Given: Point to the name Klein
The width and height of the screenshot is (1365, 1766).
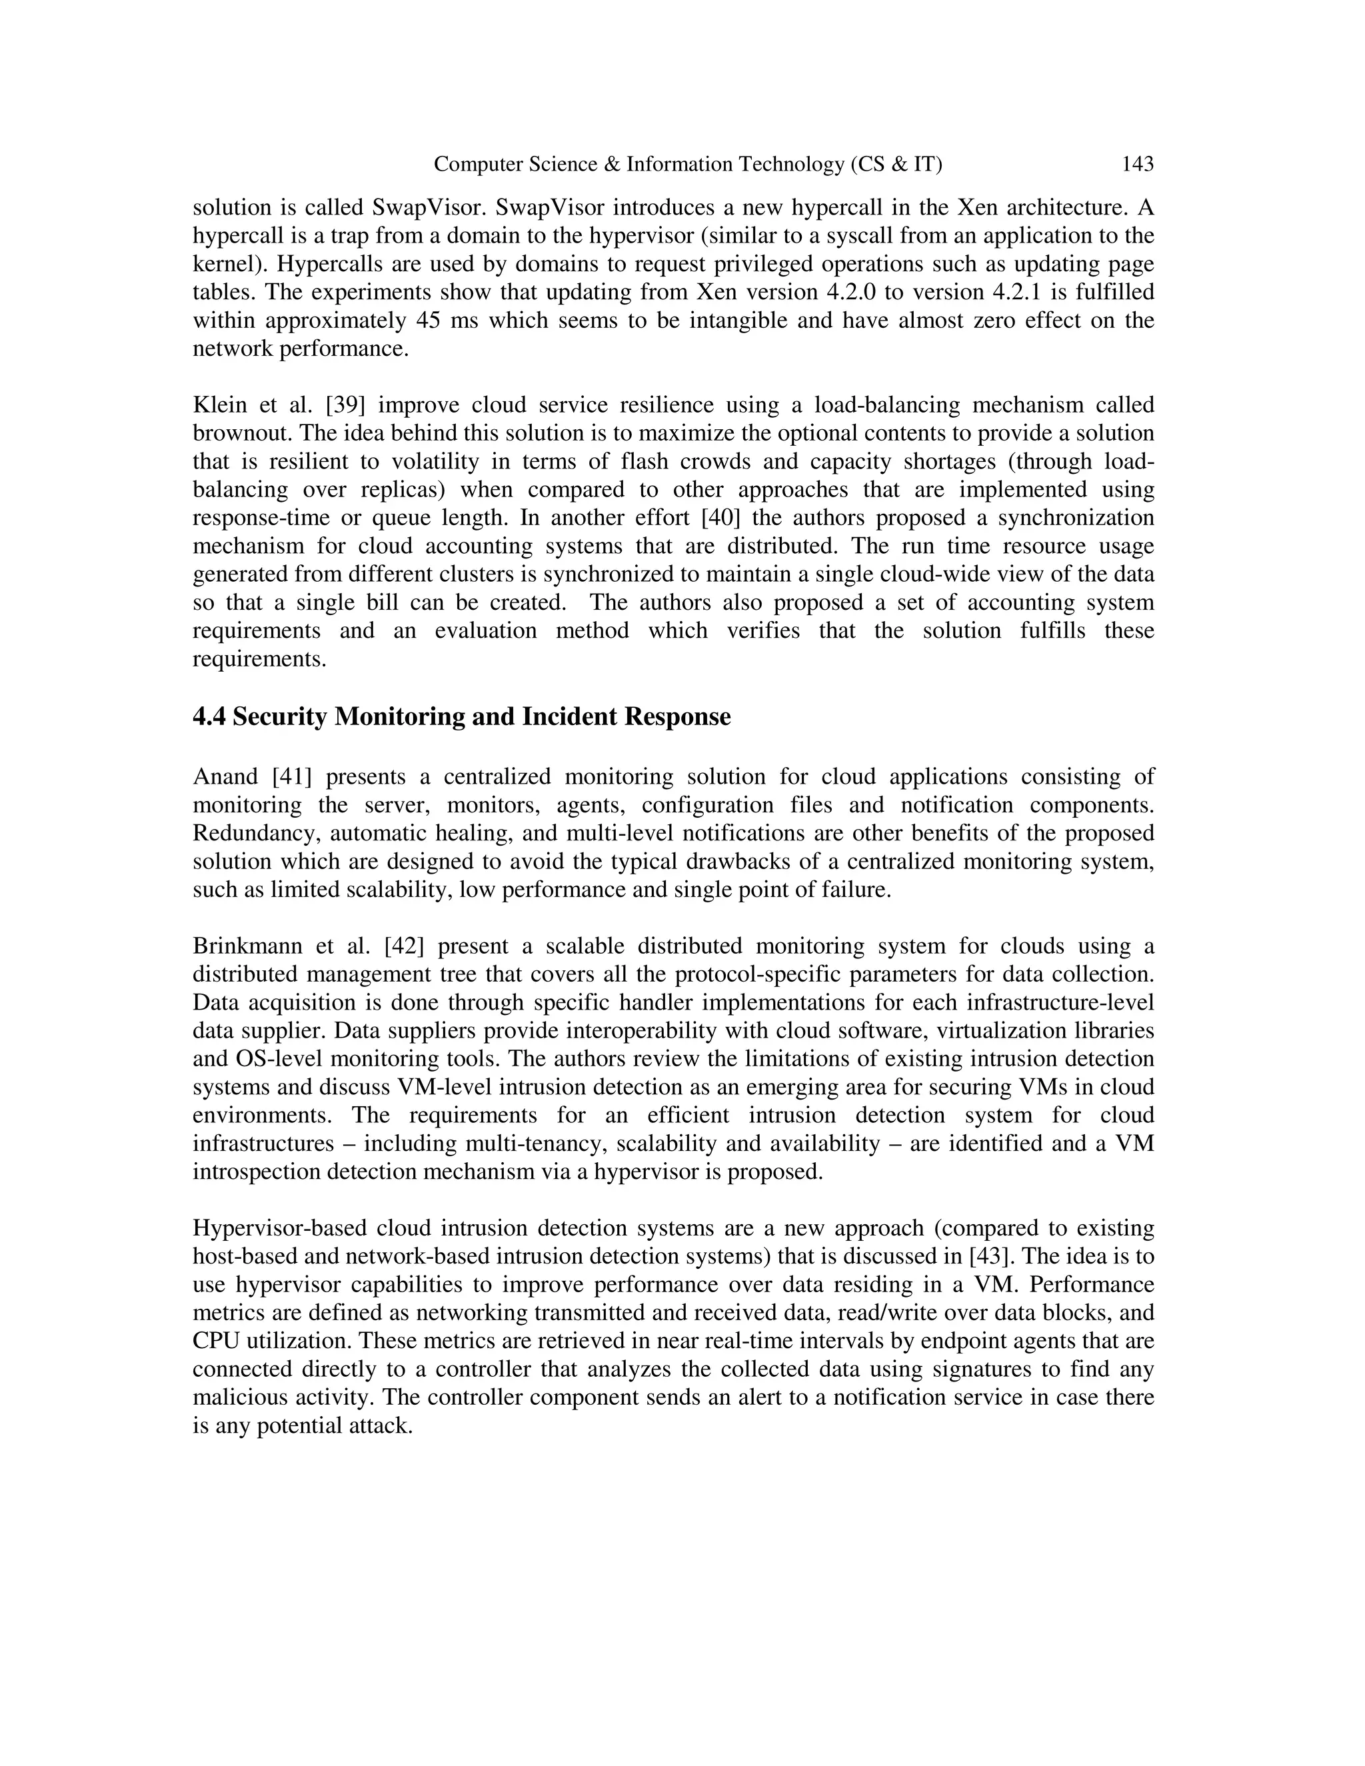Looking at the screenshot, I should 219,405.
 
